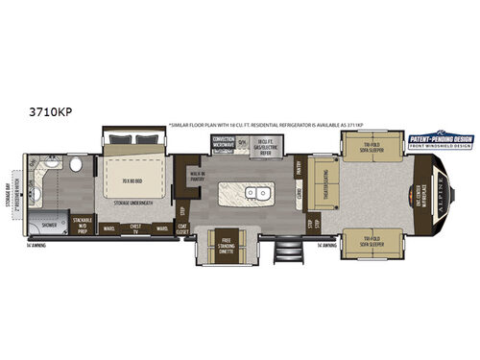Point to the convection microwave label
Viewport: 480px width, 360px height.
(x=223, y=145)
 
